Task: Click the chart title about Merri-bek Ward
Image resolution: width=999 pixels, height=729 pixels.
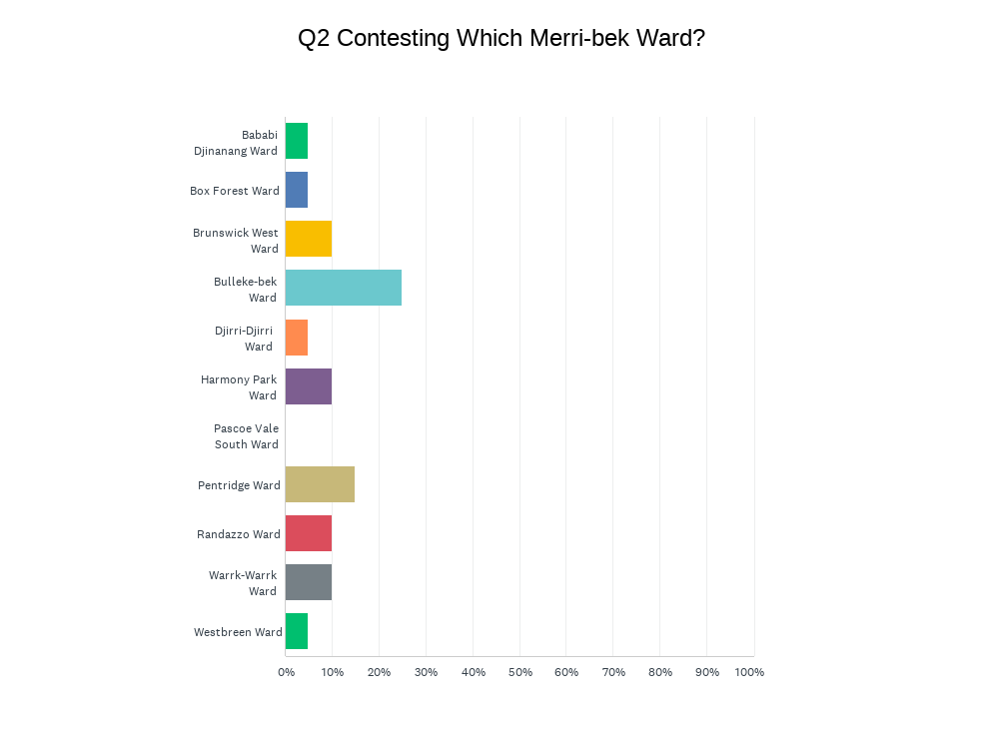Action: [500, 38]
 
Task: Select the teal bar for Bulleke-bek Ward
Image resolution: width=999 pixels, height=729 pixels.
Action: [343, 288]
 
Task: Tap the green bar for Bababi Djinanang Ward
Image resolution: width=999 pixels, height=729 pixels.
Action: [297, 141]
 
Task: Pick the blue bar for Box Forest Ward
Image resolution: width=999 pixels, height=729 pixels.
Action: [297, 190]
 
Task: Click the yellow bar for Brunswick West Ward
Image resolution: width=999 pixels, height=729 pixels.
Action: [309, 239]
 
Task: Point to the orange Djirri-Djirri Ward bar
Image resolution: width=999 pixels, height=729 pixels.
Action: [297, 338]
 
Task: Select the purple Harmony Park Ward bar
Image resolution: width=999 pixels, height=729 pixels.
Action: [309, 386]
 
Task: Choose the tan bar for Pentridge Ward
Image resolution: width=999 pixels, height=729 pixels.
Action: [320, 484]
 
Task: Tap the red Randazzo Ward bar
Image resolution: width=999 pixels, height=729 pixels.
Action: [309, 533]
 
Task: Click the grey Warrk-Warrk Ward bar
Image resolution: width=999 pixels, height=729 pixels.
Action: [309, 582]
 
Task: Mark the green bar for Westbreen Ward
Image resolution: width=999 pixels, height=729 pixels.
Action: [297, 631]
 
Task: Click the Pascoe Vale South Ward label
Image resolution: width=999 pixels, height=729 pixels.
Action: [246, 436]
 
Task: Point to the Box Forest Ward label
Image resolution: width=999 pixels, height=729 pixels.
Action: [235, 191]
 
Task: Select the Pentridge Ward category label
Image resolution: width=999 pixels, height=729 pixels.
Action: [239, 485]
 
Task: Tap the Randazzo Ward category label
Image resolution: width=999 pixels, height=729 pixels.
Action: [239, 534]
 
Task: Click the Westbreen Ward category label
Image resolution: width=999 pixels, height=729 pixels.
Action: [238, 632]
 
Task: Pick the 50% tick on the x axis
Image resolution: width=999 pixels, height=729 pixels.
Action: [519, 672]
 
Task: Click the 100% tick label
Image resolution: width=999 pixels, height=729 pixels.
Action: [749, 672]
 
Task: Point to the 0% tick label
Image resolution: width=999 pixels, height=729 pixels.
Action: [286, 672]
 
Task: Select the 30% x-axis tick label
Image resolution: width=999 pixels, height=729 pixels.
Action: [426, 672]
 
